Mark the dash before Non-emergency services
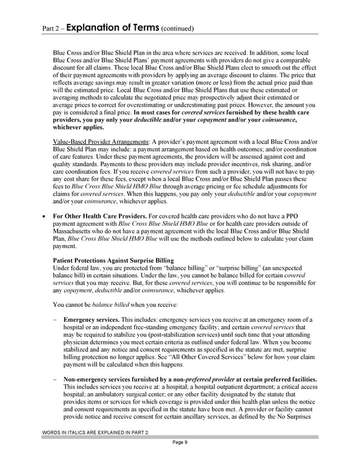click(55, 379)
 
